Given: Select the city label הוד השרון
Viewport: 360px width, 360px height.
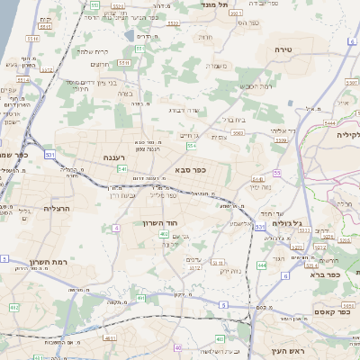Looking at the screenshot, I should (x=161, y=221).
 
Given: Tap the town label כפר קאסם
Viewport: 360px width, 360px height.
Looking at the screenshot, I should (x=331, y=311).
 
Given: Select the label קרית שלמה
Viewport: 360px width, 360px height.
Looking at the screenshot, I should (x=93, y=51).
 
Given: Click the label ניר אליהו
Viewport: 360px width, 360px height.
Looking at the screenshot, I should (x=285, y=130).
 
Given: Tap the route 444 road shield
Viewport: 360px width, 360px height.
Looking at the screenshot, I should (x=262, y=265).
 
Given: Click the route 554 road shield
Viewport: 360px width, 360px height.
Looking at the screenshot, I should (x=191, y=145).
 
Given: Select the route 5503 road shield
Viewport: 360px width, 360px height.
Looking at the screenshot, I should (x=238, y=132).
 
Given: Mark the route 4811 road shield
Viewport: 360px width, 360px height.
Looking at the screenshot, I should (x=109, y=338).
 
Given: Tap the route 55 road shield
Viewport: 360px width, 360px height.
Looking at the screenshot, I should (x=277, y=172).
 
